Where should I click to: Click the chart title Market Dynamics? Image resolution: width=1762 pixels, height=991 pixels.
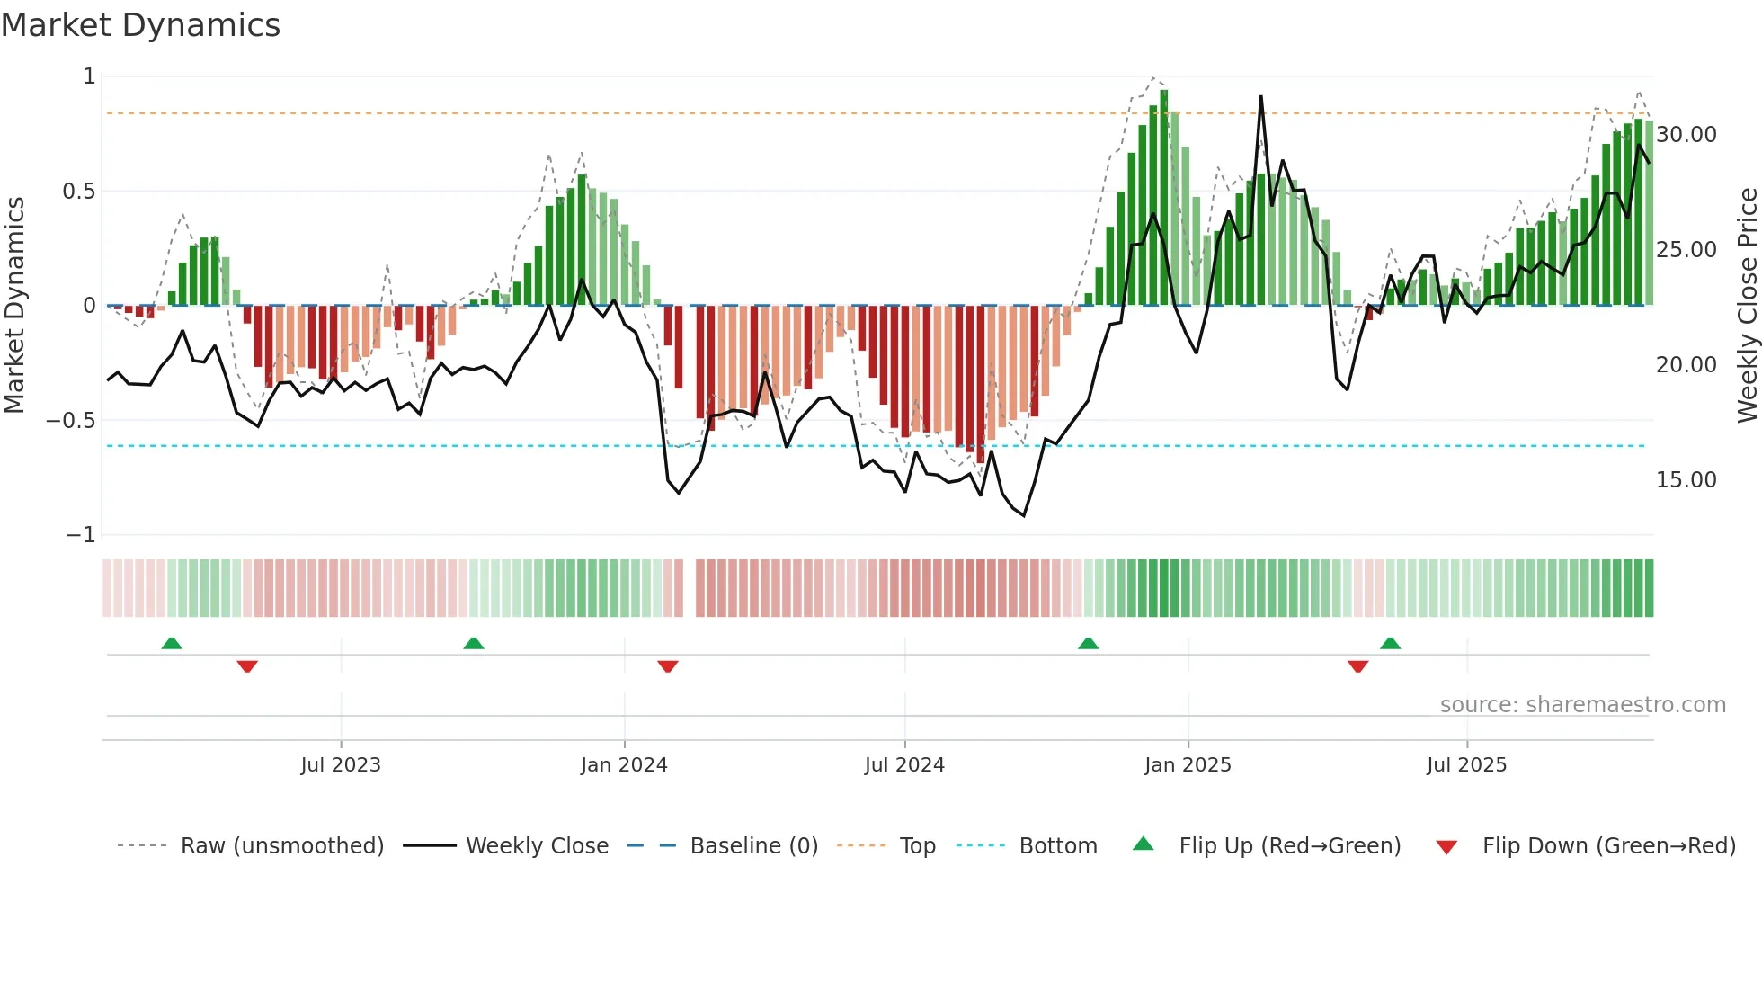[141, 25]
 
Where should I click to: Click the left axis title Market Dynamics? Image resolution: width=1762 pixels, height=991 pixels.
[14, 306]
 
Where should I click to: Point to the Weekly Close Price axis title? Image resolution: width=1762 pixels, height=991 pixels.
[1747, 306]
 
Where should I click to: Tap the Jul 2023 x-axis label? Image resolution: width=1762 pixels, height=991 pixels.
[341, 765]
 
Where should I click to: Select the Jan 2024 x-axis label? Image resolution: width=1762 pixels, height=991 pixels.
[624, 765]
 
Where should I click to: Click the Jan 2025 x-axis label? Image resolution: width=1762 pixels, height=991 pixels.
[1188, 765]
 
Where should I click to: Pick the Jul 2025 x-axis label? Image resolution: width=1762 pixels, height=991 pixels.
[1466, 765]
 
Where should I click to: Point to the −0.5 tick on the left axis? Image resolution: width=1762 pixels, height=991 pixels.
[70, 421]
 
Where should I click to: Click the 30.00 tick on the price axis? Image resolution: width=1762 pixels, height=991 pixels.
[1686, 135]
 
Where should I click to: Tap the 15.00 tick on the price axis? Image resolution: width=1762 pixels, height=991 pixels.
[1686, 480]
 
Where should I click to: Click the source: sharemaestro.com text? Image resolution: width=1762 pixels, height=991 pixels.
[1582, 705]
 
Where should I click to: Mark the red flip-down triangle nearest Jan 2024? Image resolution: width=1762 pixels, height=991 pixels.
[667, 666]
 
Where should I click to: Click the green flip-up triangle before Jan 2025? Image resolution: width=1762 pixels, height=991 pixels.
[1088, 643]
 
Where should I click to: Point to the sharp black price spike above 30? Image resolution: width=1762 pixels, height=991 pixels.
[1261, 99]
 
